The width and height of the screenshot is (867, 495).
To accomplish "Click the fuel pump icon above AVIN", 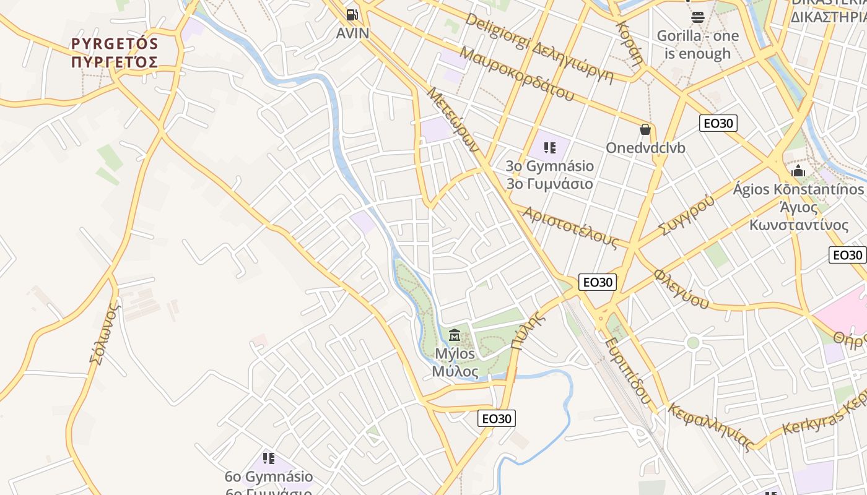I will (x=352, y=14).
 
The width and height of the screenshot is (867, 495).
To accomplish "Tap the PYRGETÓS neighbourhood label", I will (x=115, y=53).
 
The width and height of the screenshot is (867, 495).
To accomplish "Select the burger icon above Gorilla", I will (x=698, y=17).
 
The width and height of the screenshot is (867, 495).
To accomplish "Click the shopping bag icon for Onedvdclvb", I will (x=645, y=129).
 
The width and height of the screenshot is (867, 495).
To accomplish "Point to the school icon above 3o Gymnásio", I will (x=549, y=147).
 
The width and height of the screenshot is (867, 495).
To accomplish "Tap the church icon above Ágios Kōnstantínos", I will (x=798, y=170).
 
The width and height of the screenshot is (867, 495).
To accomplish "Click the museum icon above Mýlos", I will (x=455, y=335).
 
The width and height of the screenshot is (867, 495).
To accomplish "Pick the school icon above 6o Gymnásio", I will (x=269, y=458).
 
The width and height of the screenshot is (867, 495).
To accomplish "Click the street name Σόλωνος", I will (x=103, y=334).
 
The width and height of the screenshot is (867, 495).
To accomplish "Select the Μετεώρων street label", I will (x=453, y=120).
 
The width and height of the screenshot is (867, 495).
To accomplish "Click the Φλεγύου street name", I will (x=682, y=288).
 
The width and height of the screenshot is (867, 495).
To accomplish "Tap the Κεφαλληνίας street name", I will (x=711, y=427).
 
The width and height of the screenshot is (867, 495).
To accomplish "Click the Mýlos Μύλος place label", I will (x=455, y=363).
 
